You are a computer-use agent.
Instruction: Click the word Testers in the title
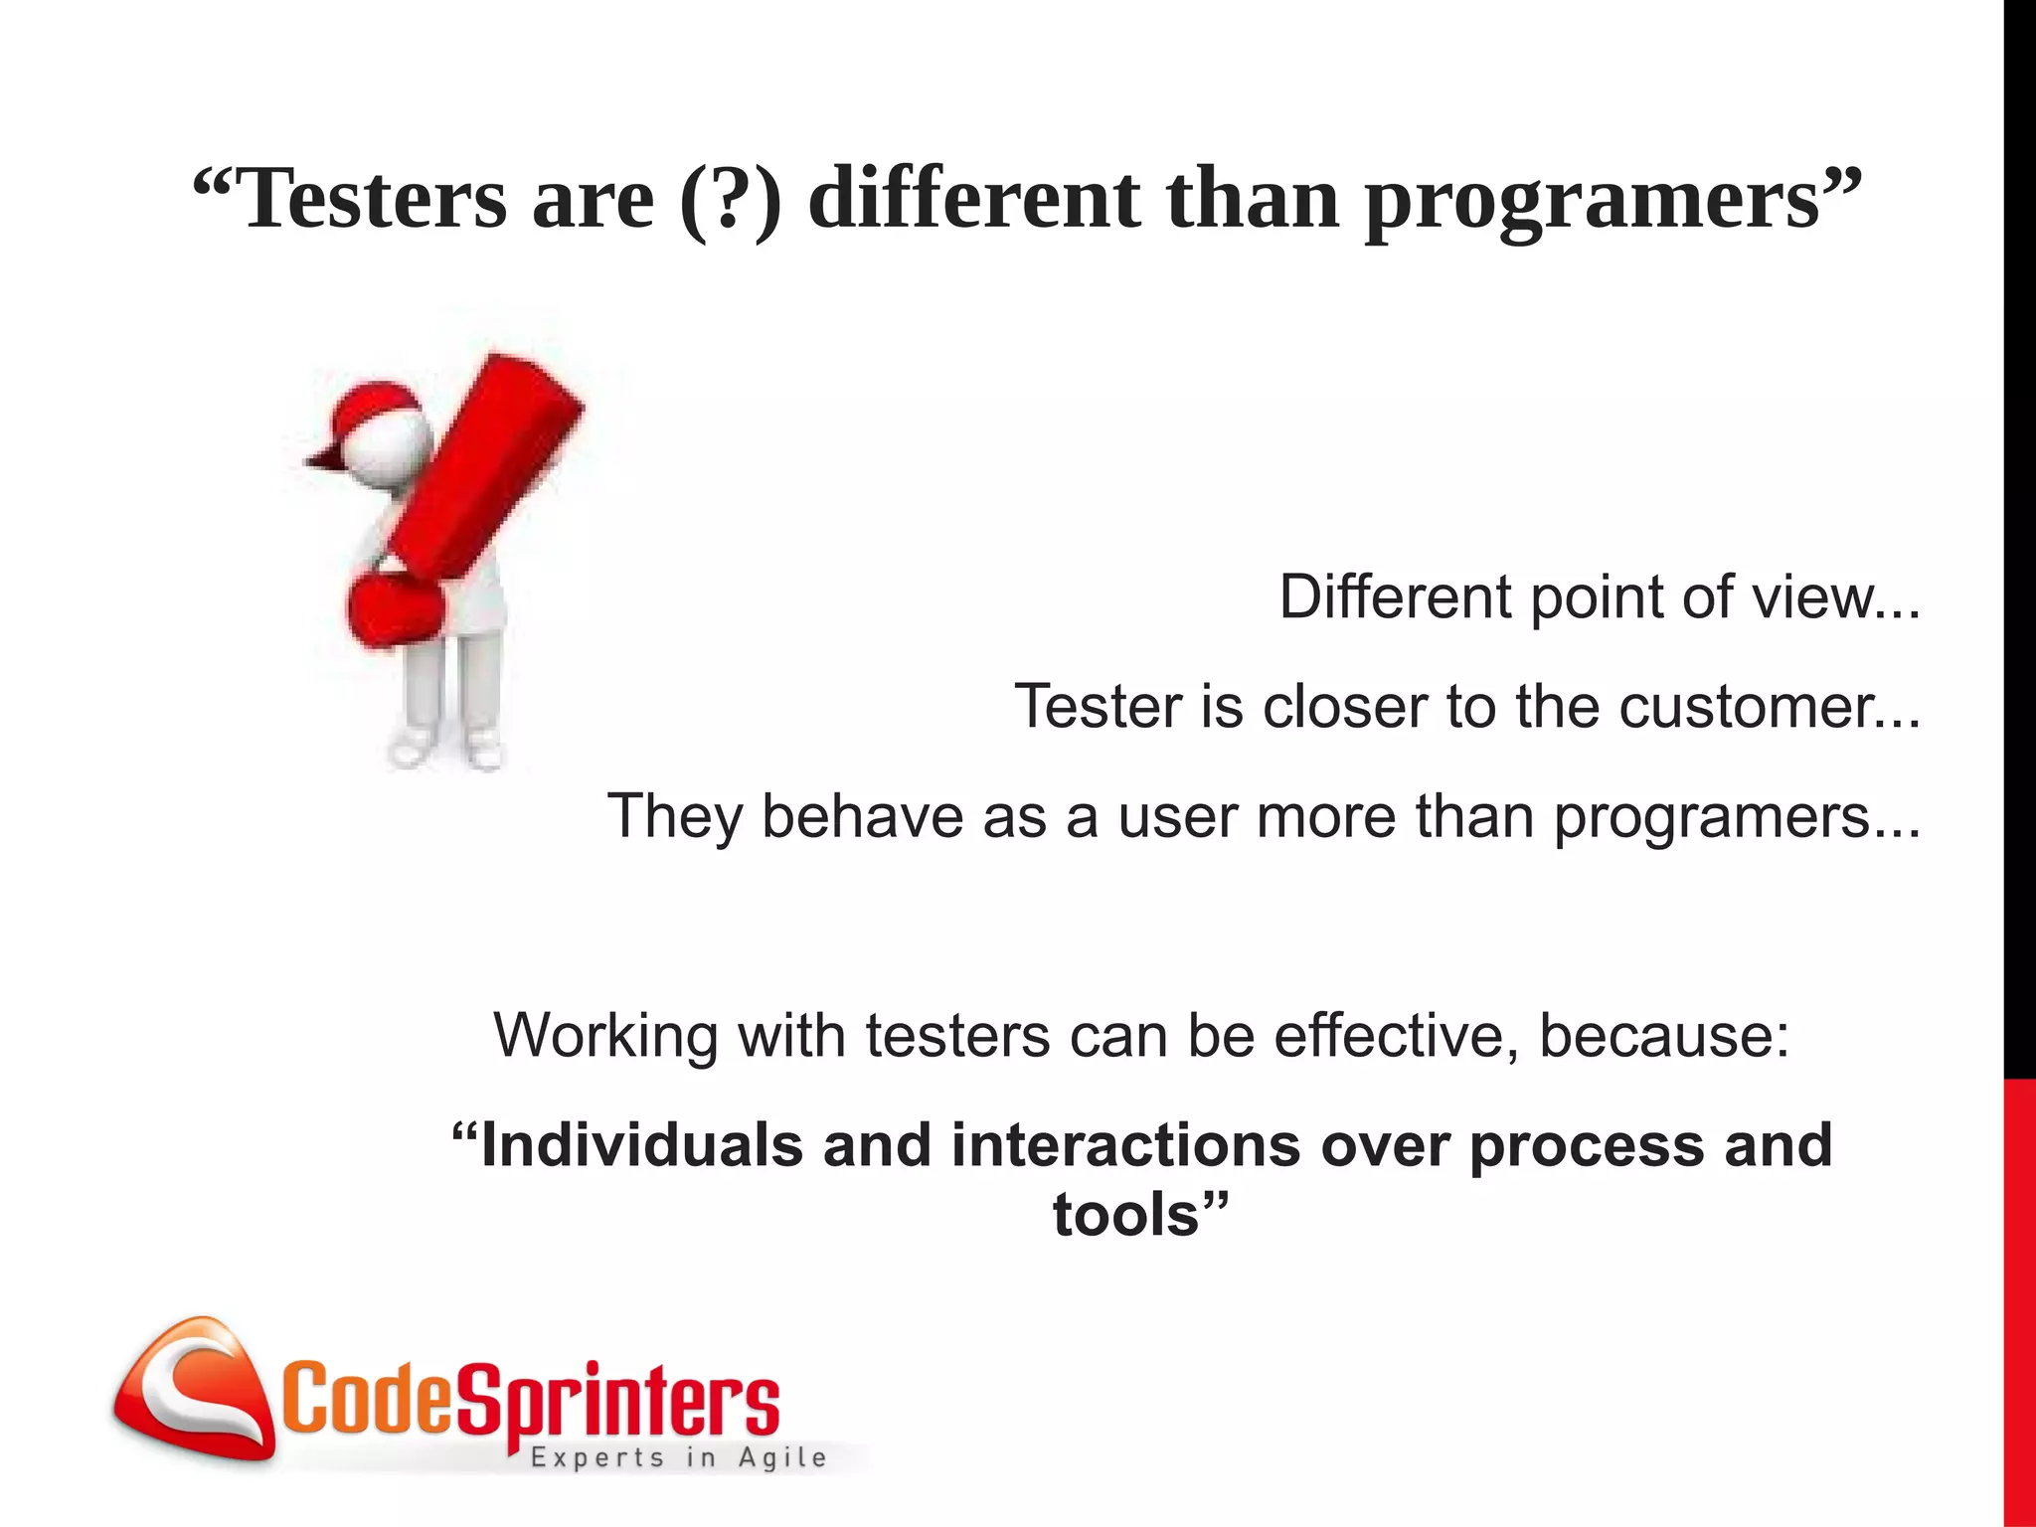[374, 199]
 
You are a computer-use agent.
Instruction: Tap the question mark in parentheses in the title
[733, 199]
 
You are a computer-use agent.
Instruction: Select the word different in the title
[973, 199]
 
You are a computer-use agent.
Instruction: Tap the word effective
[1396, 1036]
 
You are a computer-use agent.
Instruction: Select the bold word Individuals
[640, 1145]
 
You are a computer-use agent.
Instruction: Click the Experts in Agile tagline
[678, 1458]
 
